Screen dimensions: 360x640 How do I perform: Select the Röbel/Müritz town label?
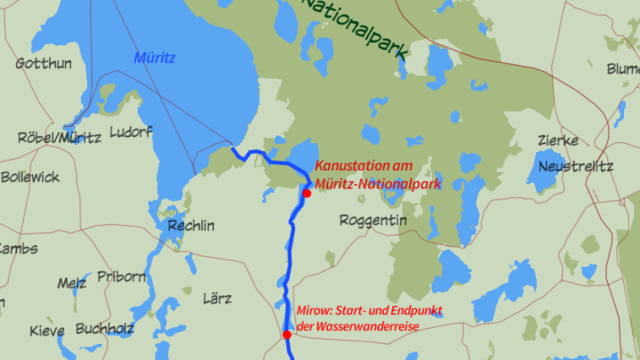pyautogui.click(x=59, y=138)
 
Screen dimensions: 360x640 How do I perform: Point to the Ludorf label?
pyautogui.click(x=131, y=132)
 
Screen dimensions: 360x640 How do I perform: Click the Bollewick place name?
pyautogui.click(x=30, y=177)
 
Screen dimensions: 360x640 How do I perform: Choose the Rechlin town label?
pyautogui.click(x=191, y=226)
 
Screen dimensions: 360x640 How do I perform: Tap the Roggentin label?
pyautogui.click(x=374, y=220)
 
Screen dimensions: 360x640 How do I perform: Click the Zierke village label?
pyautogui.click(x=558, y=140)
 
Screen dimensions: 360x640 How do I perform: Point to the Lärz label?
pyautogui.click(x=217, y=298)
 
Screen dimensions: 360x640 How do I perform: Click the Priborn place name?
pyautogui.click(x=121, y=276)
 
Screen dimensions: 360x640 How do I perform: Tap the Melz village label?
pyautogui.click(x=72, y=284)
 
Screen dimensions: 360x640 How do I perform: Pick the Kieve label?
pyautogui.click(x=47, y=331)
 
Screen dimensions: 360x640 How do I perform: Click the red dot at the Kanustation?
pyautogui.click(x=307, y=193)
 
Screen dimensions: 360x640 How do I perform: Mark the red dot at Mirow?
pyautogui.click(x=287, y=335)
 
